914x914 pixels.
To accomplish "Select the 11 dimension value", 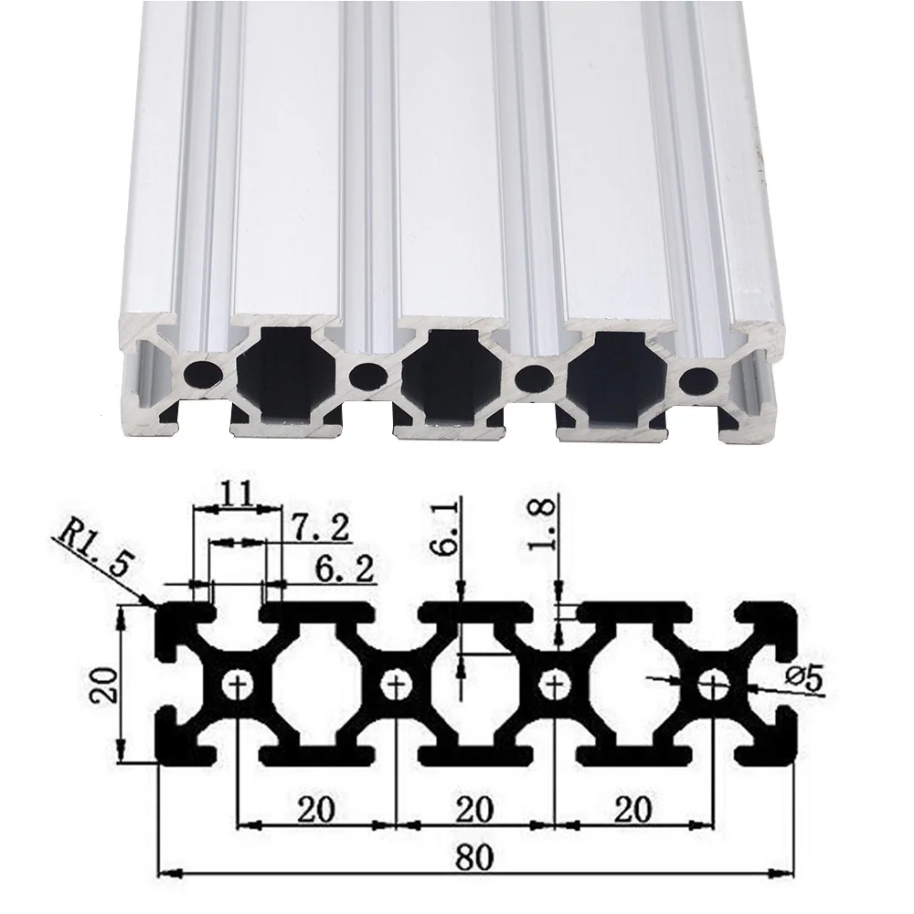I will click(x=236, y=495).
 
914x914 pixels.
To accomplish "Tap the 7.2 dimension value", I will click(x=314, y=528).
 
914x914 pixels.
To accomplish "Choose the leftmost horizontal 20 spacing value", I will click(x=316, y=809).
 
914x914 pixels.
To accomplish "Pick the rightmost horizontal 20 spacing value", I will click(x=632, y=809).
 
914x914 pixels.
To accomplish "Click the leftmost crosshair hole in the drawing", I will click(x=239, y=683).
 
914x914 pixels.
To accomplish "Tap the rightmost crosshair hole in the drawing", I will click(x=713, y=683).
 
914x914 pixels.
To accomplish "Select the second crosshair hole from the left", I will click(x=397, y=683).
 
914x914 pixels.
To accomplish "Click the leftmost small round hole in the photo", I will click(x=201, y=372).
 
